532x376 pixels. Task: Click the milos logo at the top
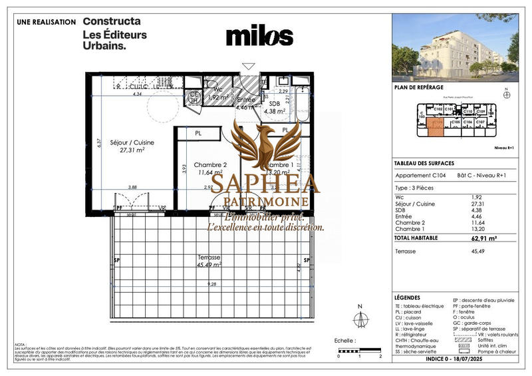(x=259, y=36)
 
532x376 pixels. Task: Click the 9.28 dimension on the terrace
(x=212, y=285)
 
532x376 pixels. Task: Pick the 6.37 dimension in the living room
(x=98, y=142)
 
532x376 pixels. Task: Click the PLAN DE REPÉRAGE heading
(x=418, y=88)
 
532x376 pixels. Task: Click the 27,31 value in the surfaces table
(x=495, y=203)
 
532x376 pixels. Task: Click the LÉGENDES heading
(x=407, y=298)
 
